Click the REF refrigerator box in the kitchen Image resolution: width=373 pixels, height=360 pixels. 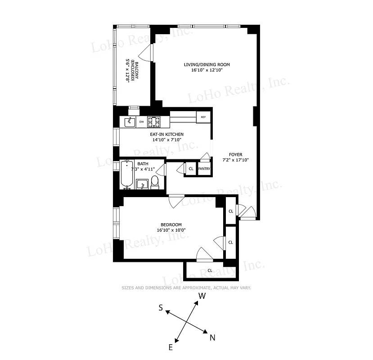tap(203, 117)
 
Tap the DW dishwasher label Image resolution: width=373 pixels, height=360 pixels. tap(141, 122)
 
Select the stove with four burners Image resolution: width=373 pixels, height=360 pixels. tap(154, 121)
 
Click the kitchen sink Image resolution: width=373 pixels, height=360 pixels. tap(130, 122)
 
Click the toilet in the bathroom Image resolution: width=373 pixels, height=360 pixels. tap(155, 181)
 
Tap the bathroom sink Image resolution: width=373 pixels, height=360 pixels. tap(143, 184)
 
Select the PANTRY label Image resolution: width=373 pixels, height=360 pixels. tap(204, 169)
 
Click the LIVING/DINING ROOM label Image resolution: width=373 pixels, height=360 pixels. tap(207, 64)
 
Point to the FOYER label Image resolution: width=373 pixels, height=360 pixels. tap(235, 154)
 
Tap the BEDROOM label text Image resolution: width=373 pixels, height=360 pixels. tap(171, 225)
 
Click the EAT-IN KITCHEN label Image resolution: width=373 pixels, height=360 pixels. tap(166, 134)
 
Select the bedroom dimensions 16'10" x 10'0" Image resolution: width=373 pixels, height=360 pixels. tap(171, 230)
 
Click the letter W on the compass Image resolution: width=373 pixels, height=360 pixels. tap(202, 296)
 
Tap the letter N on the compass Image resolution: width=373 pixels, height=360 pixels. tap(212, 337)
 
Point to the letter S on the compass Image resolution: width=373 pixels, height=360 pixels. tap(160, 308)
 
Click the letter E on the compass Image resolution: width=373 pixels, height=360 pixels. tap(171, 347)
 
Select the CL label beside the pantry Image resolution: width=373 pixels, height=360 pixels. tap(191, 169)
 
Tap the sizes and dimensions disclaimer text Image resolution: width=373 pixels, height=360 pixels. tap(186, 288)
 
